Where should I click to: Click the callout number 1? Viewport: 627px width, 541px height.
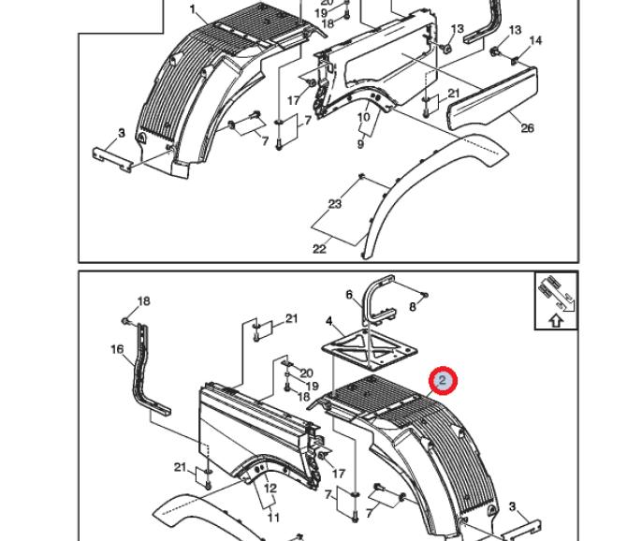[x=193, y=9]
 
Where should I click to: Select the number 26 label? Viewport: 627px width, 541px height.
[x=527, y=128]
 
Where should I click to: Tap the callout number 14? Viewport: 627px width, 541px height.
[x=535, y=40]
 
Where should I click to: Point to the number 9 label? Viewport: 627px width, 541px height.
[x=359, y=144]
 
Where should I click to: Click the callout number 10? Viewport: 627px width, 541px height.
[x=363, y=117]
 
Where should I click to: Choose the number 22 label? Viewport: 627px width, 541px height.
[x=319, y=248]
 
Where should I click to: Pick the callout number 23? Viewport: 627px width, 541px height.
[x=334, y=204]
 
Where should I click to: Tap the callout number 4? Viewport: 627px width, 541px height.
[x=329, y=322]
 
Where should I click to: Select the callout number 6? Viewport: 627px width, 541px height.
[x=349, y=295]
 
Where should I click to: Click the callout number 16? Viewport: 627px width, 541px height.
[x=117, y=349]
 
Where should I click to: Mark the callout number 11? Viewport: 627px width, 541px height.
[x=273, y=517]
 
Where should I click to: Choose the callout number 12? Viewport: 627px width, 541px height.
[x=270, y=489]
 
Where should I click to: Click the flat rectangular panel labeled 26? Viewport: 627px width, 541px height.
[x=491, y=100]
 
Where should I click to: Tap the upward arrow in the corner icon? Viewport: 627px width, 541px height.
[x=555, y=321]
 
